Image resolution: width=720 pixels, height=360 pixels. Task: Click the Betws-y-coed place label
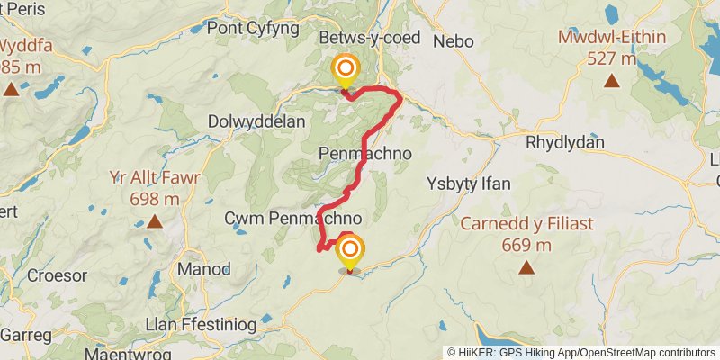tap(368, 39)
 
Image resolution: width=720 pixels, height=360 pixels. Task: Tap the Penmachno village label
tap(365, 154)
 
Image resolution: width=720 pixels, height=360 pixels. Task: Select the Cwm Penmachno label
tap(293, 219)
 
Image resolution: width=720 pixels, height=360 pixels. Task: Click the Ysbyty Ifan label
tap(468, 184)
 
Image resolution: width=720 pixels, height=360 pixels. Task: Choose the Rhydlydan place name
tap(565, 142)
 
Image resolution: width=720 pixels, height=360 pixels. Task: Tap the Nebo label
tap(453, 41)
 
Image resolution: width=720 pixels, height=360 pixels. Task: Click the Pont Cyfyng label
tap(253, 28)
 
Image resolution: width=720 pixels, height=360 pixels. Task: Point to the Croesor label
tap(57, 275)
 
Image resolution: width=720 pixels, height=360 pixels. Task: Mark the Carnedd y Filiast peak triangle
tap(526, 267)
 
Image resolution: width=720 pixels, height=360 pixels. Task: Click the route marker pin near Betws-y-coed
tap(346, 70)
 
